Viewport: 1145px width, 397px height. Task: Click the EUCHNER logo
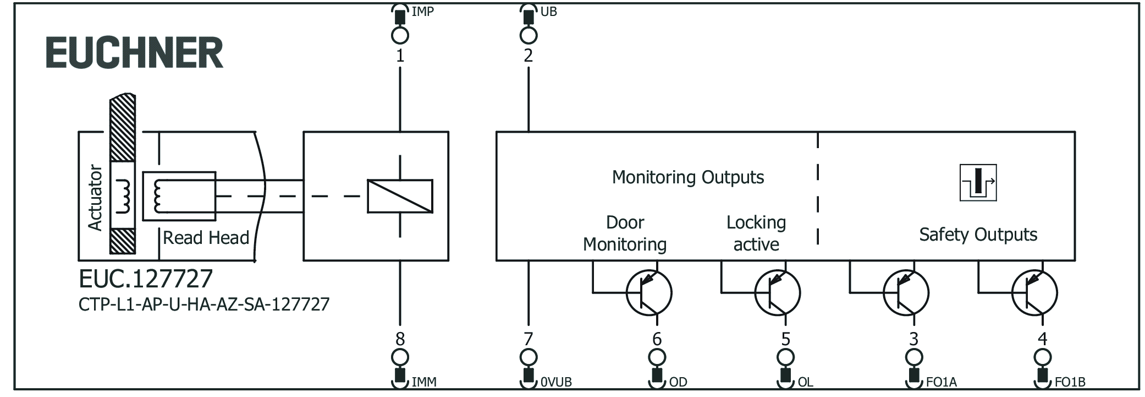point(135,53)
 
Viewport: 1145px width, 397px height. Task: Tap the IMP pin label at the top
point(422,12)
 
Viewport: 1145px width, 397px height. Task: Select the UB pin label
point(548,12)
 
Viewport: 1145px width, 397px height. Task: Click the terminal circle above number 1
point(400,36)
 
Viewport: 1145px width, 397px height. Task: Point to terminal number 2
point(528,56)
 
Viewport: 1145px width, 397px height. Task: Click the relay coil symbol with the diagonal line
point(400,196)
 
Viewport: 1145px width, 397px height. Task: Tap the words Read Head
point(206,238)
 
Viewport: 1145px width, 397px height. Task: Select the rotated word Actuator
point(95,197)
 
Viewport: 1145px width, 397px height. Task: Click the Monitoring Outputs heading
point(687,177)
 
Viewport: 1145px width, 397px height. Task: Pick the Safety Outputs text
point(978,235)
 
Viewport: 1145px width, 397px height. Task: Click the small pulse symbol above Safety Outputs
point(978,183)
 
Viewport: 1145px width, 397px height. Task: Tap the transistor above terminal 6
point(649,293)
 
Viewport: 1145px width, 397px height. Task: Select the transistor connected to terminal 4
point(1034,293)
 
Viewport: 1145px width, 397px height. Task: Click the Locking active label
point(756,233)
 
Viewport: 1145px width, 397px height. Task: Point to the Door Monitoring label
point(625,233)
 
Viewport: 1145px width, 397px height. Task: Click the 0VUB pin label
point(556,382)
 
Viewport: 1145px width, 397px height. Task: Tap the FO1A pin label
point(942,382)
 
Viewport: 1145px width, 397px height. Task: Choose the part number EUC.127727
point(146,279)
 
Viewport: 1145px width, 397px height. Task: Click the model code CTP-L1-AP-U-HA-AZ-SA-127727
point(204,304)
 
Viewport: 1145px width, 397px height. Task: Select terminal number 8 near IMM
point(400,339)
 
